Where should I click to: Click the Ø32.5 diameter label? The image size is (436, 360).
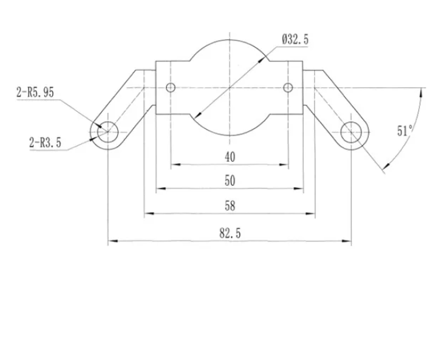pos(295,40)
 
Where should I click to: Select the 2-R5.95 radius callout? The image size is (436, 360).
pos(35,93)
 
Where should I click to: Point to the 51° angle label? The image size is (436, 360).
pos(405,130)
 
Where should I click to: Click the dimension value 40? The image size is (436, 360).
pos(229,157)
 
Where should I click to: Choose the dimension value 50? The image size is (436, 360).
pos(229,180)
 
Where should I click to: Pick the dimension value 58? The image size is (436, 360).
pos(229,205)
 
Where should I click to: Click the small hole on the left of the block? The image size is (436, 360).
pos(171,87)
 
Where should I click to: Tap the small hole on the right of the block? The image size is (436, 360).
pos(288,87)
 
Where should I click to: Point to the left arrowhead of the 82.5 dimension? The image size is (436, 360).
pos(111,242)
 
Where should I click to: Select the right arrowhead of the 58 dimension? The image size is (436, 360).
pos(311,213)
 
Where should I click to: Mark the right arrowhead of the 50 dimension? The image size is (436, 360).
pos(299,189)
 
